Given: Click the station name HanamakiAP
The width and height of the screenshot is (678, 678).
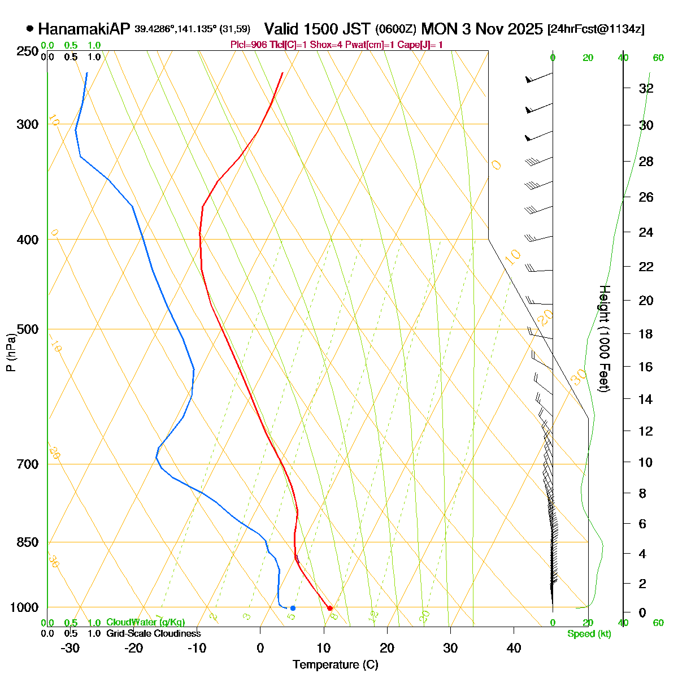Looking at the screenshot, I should click(84, 29).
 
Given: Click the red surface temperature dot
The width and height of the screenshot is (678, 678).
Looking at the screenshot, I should click(330, 608).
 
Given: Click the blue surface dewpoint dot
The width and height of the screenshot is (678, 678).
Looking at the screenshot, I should click(293, 608).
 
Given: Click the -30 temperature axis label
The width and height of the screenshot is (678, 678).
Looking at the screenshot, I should click(70, 648).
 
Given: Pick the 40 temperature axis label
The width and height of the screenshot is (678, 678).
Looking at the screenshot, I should click(514, 648).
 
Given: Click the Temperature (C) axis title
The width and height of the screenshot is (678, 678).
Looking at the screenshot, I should click(335, 664).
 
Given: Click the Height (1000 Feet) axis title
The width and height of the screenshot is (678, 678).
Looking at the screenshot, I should click(604, 339).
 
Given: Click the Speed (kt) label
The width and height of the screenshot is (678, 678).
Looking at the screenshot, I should click(589, 634).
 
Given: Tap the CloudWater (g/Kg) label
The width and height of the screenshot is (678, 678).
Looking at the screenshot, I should click(146, 622).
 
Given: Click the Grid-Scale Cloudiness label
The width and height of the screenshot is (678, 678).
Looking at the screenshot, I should click(153, 633).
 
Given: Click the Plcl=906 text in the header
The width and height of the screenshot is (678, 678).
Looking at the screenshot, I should click(247, 45).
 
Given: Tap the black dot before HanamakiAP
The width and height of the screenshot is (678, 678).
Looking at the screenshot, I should click(30, 29).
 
